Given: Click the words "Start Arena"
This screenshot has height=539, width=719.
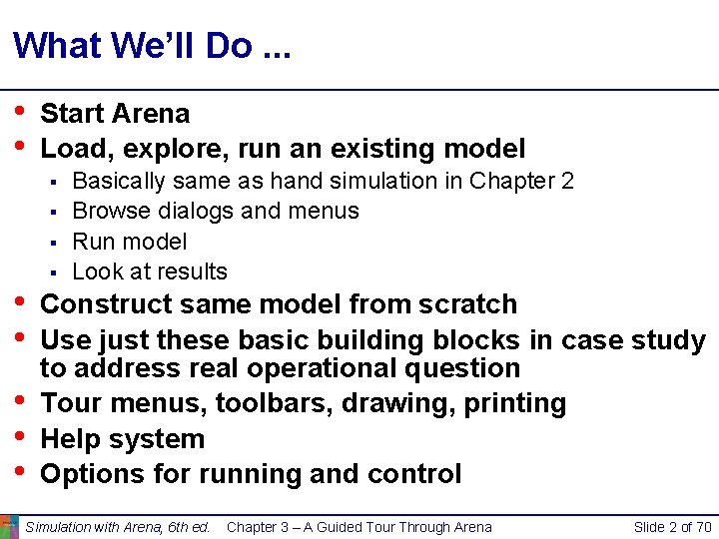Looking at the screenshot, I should [x=115, y=114].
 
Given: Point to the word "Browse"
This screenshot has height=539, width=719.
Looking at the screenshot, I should [x=110, y=212].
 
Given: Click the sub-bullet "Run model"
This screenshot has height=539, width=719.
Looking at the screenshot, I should [x=130, y=242].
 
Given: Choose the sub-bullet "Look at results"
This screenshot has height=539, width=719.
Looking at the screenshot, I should [x=150, y=271].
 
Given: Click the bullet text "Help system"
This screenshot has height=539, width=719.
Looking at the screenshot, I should [x=122, y=439].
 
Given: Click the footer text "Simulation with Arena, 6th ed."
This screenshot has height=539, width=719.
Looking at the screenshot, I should [x=118, y=527].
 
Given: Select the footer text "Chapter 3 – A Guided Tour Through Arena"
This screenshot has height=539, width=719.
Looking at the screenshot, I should [x=359, y=527].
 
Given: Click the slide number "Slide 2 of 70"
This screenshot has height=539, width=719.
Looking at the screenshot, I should [x=672, y=527].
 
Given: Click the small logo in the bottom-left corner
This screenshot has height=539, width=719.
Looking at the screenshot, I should [x=9, y=526].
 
